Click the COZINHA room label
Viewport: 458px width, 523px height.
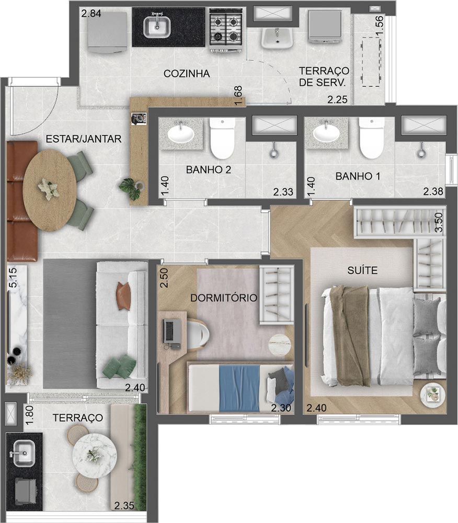tap(187, 74)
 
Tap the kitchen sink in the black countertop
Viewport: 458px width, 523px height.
tap(157, 27)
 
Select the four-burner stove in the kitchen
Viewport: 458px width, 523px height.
tap(226, 29)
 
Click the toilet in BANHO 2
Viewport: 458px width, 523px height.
tap(222, 139)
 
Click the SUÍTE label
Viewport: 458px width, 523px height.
tap(362, 270)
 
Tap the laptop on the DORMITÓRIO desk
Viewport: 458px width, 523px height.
tap(172, 333)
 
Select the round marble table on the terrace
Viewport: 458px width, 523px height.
tap(94, 455)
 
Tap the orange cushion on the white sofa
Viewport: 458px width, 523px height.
tap(124, 297)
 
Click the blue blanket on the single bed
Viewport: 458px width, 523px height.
tap(239, 388)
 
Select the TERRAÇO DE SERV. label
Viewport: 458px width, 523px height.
tap(324, 76)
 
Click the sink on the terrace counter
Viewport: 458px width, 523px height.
tap(24, 453)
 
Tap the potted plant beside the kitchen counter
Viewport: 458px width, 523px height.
tap(131, 188)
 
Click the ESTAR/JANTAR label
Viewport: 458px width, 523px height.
tap(84, 139)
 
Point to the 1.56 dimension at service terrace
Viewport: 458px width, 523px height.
tap(380, 26)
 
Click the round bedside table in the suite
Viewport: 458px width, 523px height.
tap(432, 395)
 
